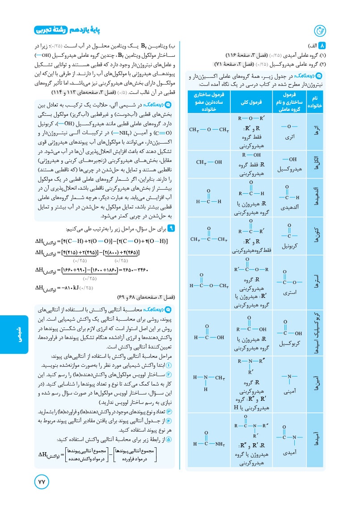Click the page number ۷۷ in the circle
pos(41,482)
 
